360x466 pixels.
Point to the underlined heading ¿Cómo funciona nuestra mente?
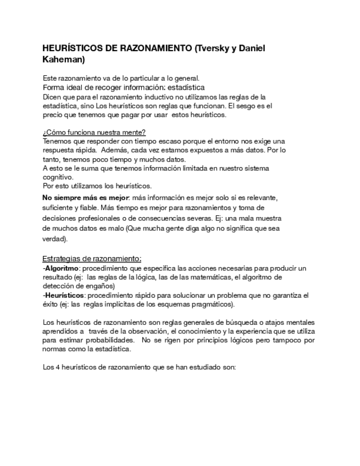pyautogui.click(x=94, y=132)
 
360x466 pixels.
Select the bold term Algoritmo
pyautogui.click(x=62, y=268)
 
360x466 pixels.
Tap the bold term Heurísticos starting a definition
pyautogui.click(x=63, y=295)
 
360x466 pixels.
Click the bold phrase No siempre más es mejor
pyautogui.click(x=85, y=197)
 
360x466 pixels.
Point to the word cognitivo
pyautogui.click(x=57, y=177)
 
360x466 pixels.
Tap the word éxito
pyautogui.click(x=51, y=304)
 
